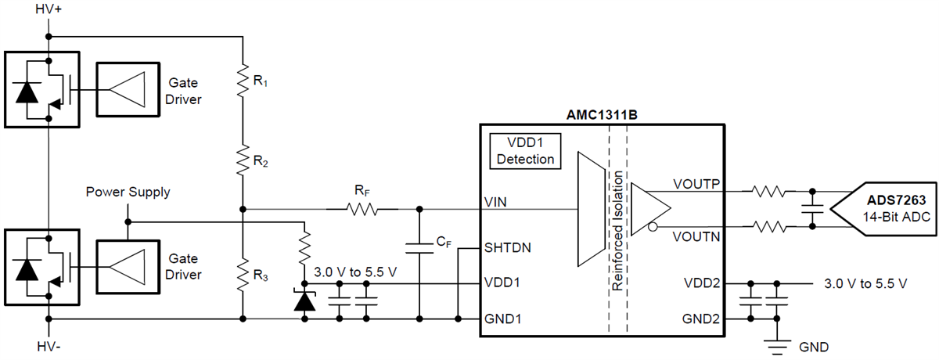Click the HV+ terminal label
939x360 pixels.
[49, 11]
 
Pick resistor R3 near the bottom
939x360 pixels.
[243, 274]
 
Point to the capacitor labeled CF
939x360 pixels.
[419, 249]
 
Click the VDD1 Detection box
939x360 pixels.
[524, 150]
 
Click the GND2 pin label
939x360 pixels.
[700, 319]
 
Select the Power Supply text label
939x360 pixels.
[128, 192]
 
